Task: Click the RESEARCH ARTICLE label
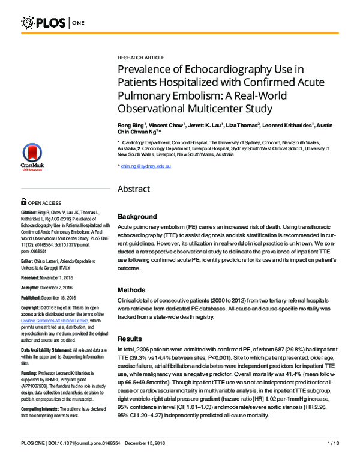click(140, 57)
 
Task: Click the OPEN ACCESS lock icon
click(25, 203)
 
